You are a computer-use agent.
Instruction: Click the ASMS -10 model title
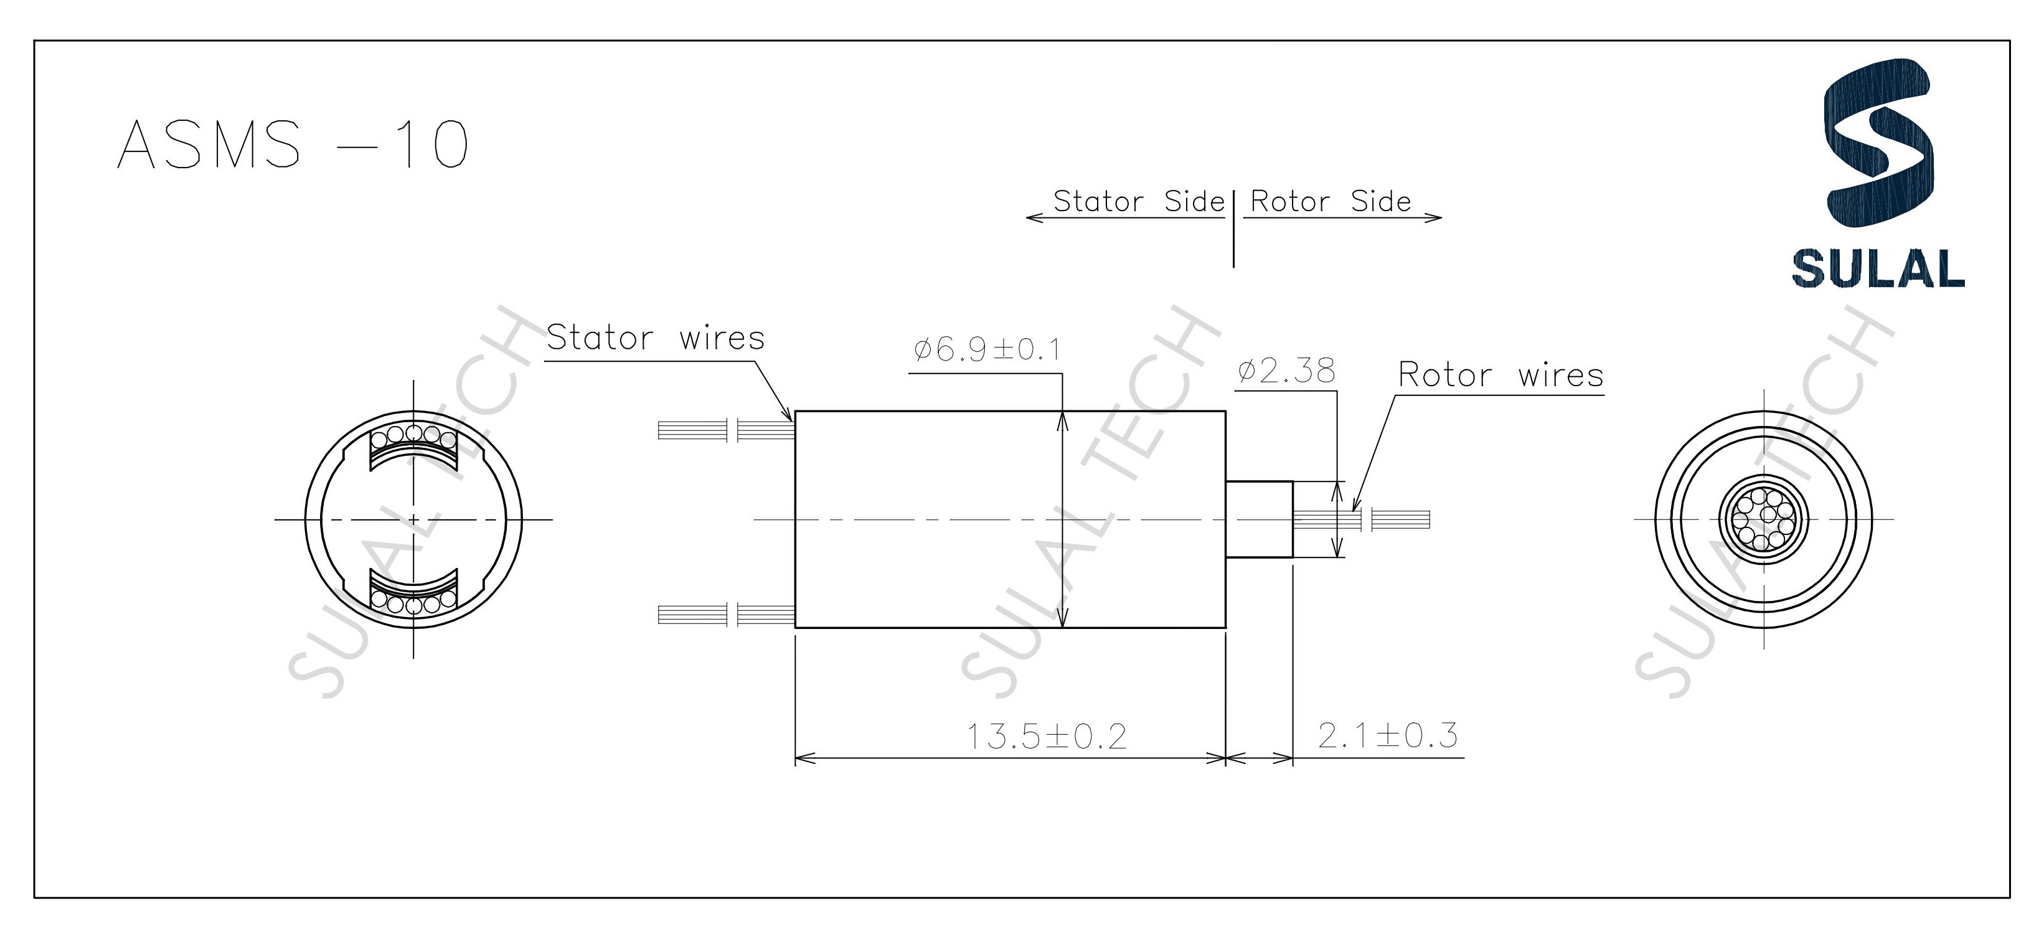pyautogui.click(x=293, y=144)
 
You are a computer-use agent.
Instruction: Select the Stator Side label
pyautogui.click(x=1139, y=202)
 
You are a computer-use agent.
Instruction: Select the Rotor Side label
pyautogui.click(x=1330, y=202)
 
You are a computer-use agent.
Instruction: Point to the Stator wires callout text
pyautogui.click(x=656, y=338)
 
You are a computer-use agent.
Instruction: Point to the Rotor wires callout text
pyautogui.click(x=1500, y=374)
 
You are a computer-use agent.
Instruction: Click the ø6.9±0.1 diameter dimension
pyautogui.click(x=986, y=350)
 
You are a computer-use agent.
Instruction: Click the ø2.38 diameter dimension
pyautogui.click(x=1286, y=371)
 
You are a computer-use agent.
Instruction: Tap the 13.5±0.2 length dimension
pyautogui.click(x=1046, y=736)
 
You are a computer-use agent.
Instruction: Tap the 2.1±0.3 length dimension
pyautogui.click(x=1388, y=735)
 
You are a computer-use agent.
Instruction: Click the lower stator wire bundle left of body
pyautogui.click(x=726, y=614)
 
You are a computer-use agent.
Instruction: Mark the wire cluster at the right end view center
pyautogui.click(x=1763, y=520)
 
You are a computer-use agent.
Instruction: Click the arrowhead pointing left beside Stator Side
pyautogui.click(x=1032, y=217)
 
